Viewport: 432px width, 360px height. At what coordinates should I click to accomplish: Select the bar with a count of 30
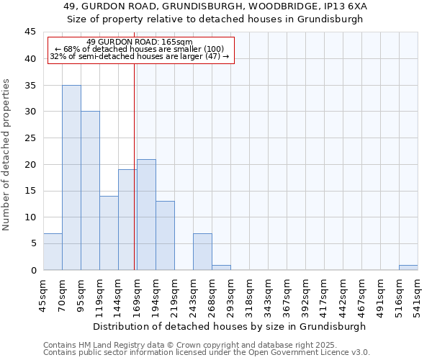tap(90, 191)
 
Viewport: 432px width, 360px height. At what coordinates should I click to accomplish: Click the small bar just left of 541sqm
tap(408, 267)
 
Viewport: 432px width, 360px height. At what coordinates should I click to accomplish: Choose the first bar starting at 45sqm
tap(53, 251)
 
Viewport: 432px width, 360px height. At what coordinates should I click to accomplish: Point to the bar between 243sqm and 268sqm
tap(202, 251)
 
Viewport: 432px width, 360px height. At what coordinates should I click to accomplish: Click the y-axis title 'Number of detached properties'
tap(7, 155)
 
